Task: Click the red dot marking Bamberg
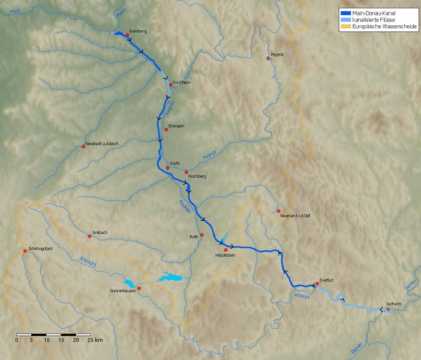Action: (128, 35)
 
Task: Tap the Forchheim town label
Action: (181, 82)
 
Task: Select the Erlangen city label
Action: (176, 126)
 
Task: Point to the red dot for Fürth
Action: (167, 167)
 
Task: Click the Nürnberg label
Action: (197, 176)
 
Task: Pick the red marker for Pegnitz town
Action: (269, 58)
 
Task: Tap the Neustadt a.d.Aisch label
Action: (106, 145)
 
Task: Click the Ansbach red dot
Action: (90, 236)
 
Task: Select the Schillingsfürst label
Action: (41, 248)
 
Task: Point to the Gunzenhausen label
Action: (122, 290)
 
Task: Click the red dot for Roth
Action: (202, 235)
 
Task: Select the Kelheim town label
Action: (393, 304)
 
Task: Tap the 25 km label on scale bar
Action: (94, 340)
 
